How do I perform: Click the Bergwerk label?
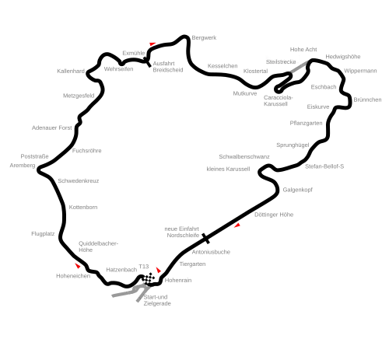pos(204,38)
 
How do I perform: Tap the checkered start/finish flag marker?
pos(149,278)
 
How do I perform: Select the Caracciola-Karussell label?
pos(278,101)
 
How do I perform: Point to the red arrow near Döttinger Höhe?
pos(237,225)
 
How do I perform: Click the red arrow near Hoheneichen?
pos(78,265)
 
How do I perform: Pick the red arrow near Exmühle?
pos(152,44)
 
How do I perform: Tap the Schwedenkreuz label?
pos(79,181)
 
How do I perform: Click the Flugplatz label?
pos(43,234)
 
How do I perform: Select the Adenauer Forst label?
pos(52,128)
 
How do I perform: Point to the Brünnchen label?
pos(367,100)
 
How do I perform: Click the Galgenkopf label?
pos(297,190)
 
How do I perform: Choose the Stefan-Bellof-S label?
pos(324,166)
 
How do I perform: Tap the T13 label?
pos(144,267)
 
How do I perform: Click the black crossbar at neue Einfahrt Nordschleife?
pos(205,239)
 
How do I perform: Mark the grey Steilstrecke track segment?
pos(300,67)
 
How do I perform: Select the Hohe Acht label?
pos(303,50)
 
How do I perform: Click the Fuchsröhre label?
pos(86,151)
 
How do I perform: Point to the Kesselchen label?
pos(223,66)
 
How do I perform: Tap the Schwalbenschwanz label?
pos(244,157)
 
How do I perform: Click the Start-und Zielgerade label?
pos(157,300)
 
